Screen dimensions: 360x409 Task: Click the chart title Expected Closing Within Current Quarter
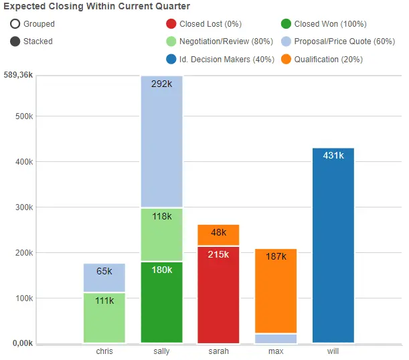click(x=96, y=7)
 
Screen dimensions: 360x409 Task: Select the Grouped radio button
click(x=15, y=24)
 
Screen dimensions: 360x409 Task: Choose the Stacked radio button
click(x=15, y=41)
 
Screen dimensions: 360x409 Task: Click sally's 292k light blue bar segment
click(x=161, y=141)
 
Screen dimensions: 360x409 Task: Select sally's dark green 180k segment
click(x=161, y=301)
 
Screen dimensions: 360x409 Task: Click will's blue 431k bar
click(x=333, y=245)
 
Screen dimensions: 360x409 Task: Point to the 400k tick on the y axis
click(x=24, y=162)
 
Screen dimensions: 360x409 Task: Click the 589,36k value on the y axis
click(x=17, y=75)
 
